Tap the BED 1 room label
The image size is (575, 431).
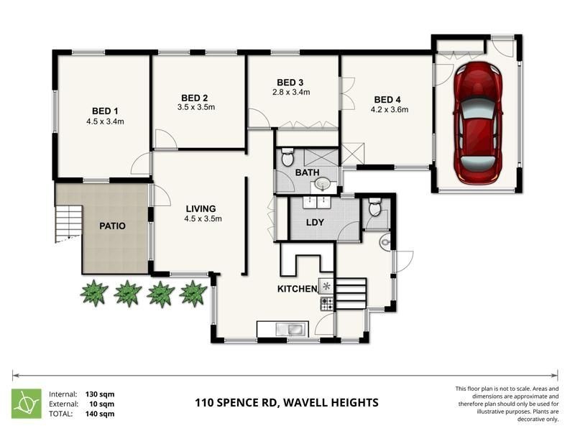[105, 111]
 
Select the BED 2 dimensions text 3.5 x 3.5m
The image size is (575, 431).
[195, 108]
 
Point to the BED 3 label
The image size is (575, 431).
[291, 82]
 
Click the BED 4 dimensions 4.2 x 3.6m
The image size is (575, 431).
[389, 110]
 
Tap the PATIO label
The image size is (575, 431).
[112, 226]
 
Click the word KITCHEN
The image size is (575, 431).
[298, 289]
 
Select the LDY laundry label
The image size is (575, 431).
[316, 223]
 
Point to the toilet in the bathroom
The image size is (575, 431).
[287, 156]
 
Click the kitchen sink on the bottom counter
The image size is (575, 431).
[293, 330]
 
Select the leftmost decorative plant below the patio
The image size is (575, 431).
[94, 293]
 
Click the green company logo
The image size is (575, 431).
[26, 403]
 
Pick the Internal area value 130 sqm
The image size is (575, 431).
[100, 394]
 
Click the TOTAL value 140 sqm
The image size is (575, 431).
[100, 414]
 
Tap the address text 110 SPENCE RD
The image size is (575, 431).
[236, 403]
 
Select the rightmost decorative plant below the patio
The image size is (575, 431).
[193, 293]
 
